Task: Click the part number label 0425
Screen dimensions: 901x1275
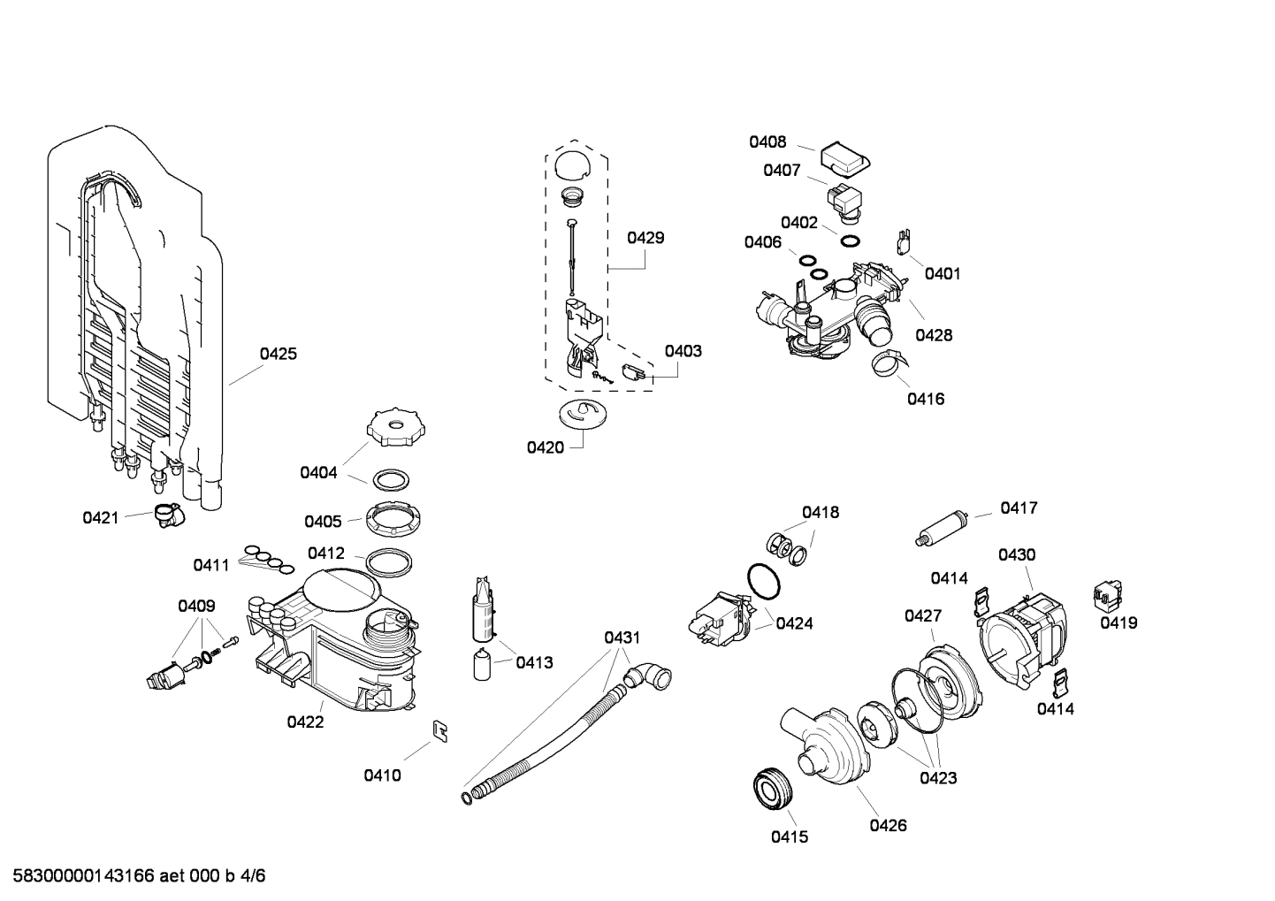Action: click(278, 354)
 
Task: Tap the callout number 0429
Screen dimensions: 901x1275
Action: click(645, 237)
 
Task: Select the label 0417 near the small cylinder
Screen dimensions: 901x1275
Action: click(1019, 508)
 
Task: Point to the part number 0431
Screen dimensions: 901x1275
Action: click(622, 638)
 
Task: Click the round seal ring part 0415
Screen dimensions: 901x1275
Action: click(774, 789)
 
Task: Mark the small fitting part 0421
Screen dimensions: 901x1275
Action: click(166, 515)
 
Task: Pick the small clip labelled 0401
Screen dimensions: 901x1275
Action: click(905, 240)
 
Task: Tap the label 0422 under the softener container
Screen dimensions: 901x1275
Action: click(305, 722)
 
